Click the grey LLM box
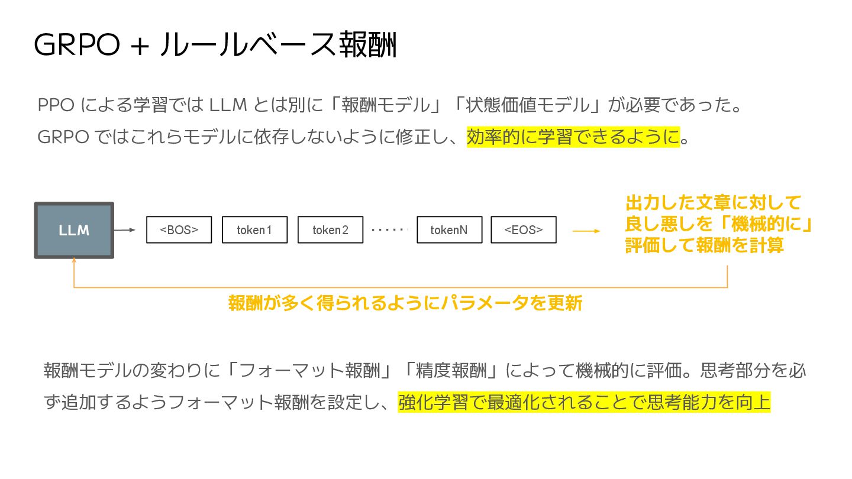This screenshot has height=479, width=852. click(74, 230)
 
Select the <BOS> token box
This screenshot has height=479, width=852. click(179, 230)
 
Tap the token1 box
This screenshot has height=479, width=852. click(254, 230)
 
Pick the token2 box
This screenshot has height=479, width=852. click(330, 230)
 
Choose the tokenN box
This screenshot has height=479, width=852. click(449, 230)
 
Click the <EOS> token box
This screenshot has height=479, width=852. click(523, 230)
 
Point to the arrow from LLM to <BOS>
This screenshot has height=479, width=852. click(125, 230)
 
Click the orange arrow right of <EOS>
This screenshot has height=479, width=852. click(586, 231)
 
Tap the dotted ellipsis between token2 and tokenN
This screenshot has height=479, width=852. click(389, 229)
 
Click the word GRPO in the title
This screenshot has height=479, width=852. click(78, 45)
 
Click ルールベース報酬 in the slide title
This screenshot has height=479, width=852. click(278, 45)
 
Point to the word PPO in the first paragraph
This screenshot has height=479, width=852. click(56, 106)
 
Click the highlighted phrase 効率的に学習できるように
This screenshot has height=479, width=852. click(573, 137)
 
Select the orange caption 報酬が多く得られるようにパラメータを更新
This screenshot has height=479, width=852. click(405, 303)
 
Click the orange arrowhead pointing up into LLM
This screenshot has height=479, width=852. click(74, 260)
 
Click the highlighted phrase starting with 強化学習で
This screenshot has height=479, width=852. click(584, 403)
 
